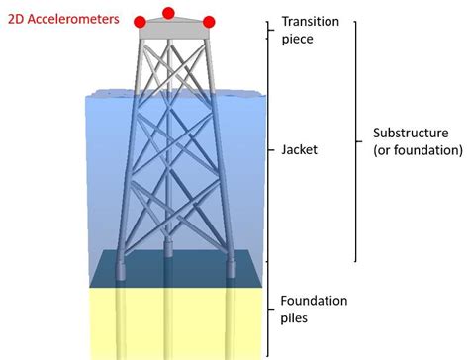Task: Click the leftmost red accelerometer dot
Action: tap(141, 22)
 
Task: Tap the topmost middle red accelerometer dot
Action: tap(168, 13)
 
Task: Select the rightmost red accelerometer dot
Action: tap(209, 22)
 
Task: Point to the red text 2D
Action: tap(17, 20)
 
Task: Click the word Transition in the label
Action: tap(311, 22)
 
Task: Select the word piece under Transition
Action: tap(299, 41)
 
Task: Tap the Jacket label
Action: tap(300, 151)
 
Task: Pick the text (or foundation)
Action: tap(418, 151)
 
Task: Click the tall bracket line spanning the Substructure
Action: tap(356, 138)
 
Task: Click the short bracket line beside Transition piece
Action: tap(268, 29)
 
